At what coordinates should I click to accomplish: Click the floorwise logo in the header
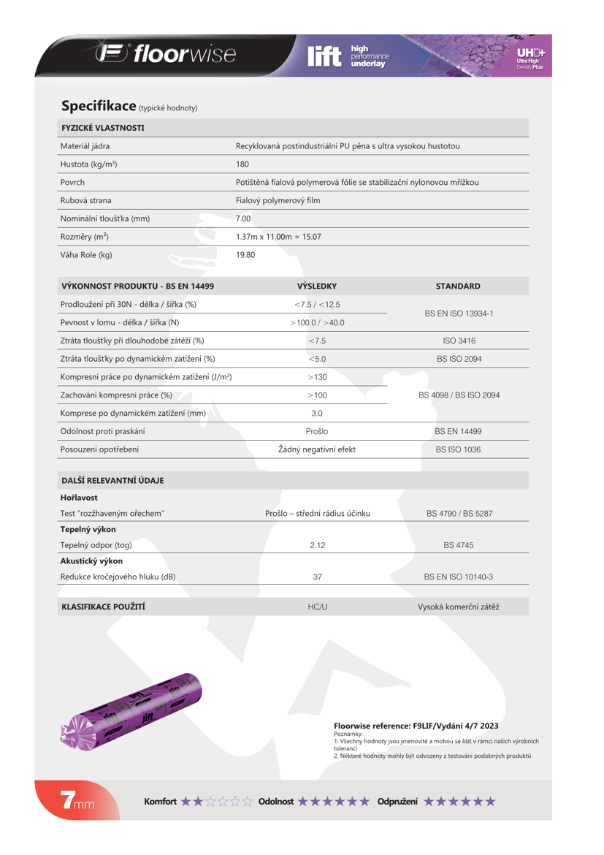166,55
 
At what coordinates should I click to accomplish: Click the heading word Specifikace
99,106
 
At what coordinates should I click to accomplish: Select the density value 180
242,164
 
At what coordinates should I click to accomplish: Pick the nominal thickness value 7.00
243,218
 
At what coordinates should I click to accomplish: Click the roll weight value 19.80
245,255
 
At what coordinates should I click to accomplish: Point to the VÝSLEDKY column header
317,286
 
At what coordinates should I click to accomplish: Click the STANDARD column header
458,286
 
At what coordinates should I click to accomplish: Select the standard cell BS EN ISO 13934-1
459,313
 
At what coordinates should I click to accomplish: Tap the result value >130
317,377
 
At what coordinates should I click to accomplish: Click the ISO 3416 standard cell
459,341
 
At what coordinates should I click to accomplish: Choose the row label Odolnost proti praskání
102,432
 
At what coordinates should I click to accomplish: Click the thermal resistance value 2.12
318,545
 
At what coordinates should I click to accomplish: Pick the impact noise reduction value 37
318,577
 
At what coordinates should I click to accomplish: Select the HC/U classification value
318,607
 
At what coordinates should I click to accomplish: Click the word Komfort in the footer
160,802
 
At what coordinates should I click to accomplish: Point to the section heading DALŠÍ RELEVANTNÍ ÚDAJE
112,481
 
